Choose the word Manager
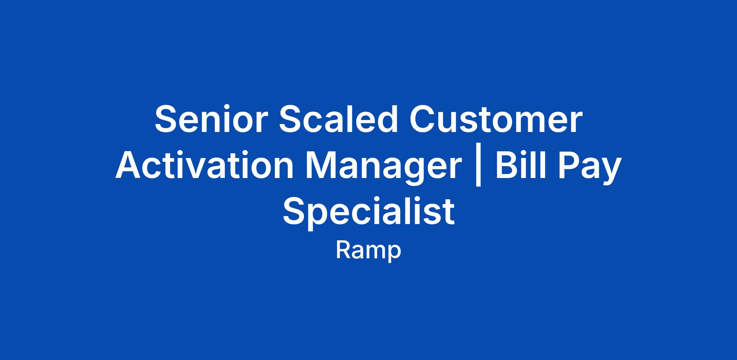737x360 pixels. pos(384,168)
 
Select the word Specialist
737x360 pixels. pos(368,212)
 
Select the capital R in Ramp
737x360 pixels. pos(343,250)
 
